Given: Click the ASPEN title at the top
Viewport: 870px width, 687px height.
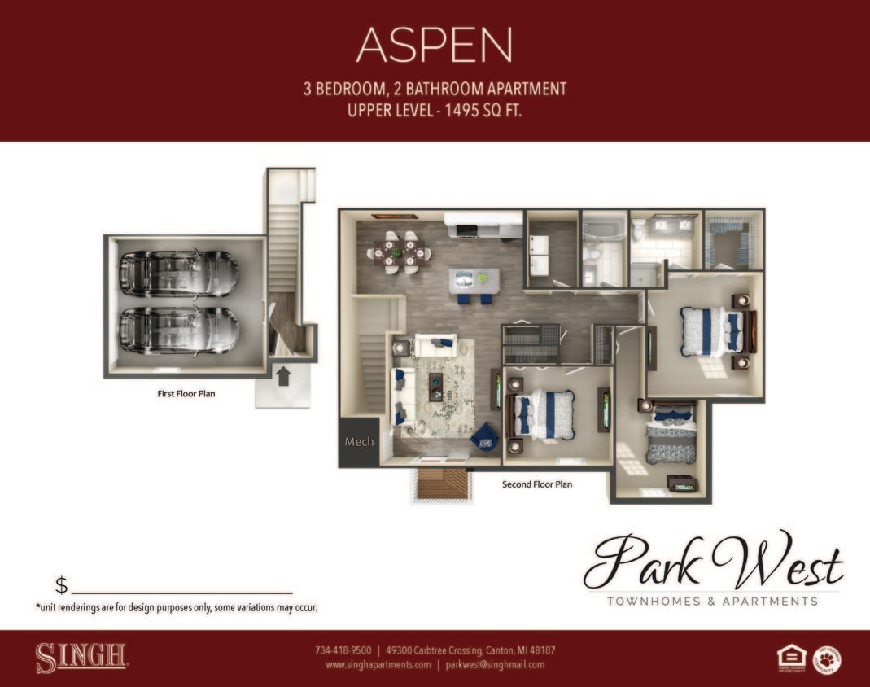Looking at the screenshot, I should tap(434, 45).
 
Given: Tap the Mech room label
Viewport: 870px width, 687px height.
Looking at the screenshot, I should tap(359, 442).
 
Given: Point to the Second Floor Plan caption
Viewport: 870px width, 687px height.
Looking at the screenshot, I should tap(537, 484).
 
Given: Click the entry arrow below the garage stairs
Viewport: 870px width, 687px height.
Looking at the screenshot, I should tap(283, 377).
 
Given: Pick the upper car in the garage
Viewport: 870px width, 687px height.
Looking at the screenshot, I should tap(179, 273).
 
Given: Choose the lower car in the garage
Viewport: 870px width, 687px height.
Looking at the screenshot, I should tap(179, 329).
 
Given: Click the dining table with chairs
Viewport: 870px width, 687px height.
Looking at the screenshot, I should tap(398, 253).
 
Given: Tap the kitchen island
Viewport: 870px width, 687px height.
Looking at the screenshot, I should tap(474, 281).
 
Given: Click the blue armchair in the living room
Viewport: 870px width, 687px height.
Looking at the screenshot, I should tap(485, 437).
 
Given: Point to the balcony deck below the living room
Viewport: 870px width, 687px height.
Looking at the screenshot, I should tap(444, 484).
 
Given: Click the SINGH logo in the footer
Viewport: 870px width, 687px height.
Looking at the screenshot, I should tap(81, 658).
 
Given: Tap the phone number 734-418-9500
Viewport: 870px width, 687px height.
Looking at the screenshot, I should tap(343, 650).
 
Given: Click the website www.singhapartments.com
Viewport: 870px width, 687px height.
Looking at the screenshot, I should tap(378, 664).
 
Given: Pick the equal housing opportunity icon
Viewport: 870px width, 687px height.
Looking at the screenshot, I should tap(791, 658).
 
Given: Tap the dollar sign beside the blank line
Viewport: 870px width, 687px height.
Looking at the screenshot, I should tap(61, 585).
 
